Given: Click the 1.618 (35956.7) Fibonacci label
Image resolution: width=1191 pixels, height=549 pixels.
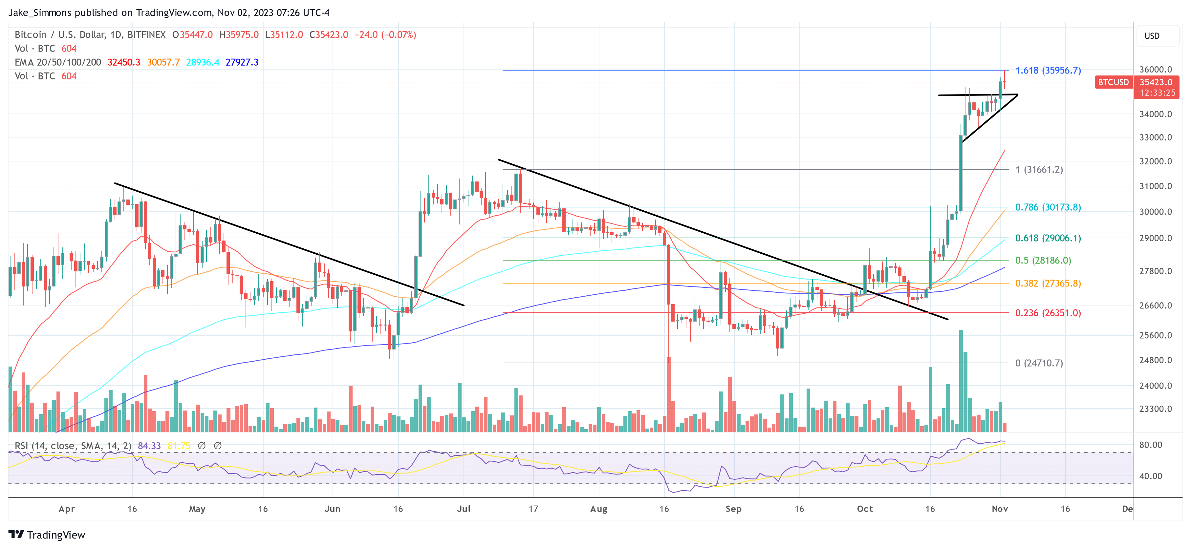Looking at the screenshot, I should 1048,70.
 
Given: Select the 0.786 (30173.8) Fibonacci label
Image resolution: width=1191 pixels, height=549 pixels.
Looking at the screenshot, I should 1048,207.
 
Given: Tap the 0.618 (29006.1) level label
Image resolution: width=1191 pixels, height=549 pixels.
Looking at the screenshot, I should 1048,238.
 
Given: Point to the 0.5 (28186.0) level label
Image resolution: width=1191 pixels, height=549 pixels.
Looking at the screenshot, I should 1043,260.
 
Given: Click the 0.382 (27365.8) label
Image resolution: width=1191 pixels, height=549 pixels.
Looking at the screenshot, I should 1048,283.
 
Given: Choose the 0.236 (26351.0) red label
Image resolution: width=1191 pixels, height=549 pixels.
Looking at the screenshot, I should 1048,313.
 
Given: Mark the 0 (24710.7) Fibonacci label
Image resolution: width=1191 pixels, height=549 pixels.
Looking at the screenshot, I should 1039,363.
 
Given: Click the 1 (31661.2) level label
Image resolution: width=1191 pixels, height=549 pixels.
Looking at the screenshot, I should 1039,170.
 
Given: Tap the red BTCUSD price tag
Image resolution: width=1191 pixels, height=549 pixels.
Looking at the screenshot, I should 1113,82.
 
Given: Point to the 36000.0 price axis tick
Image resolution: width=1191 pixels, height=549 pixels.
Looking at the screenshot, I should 1156,69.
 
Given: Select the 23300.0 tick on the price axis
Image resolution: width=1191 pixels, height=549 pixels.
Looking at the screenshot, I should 1156,409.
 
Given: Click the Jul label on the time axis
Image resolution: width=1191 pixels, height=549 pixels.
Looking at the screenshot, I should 464,509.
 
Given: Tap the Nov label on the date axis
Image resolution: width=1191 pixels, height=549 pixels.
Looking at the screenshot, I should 1000,509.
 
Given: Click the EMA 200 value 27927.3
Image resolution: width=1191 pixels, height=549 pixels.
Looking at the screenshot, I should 242,62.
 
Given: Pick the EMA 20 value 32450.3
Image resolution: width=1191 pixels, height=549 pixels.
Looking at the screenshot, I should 123,62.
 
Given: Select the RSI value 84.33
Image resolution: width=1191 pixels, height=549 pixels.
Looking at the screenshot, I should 149,446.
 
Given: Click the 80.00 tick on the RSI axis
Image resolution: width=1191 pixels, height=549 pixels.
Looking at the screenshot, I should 1150,445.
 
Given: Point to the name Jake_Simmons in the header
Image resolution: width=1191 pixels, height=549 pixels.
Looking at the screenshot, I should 40,12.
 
